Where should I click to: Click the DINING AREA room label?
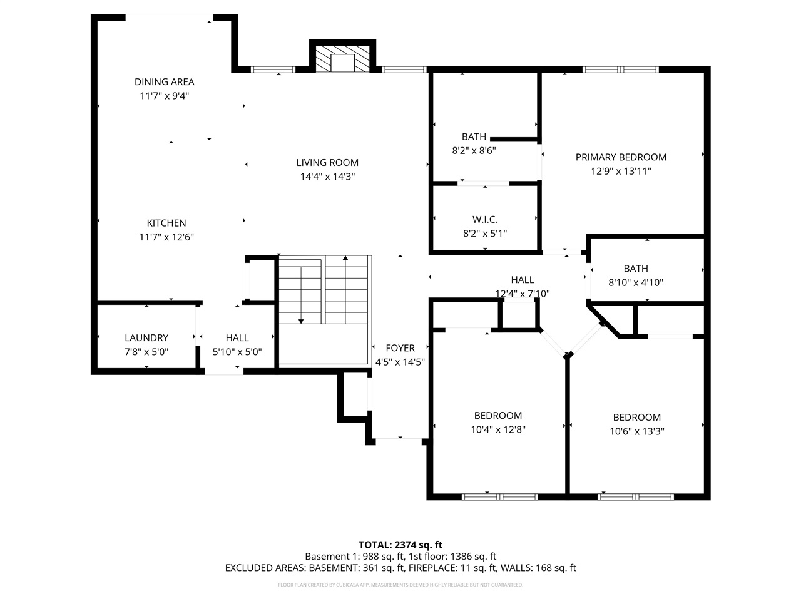click(164, 81)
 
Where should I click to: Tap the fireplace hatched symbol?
click(342, 61)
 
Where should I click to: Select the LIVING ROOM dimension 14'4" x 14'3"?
click(327, 177)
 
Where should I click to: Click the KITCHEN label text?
click(166, 223)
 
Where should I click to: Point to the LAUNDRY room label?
click(146, 337)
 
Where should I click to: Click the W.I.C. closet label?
click(485, 219)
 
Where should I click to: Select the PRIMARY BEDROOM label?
click(621, 157)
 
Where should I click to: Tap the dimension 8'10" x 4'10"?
click(636, 282)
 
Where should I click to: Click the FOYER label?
click(400, 348)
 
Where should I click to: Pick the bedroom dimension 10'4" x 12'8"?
click(497, 429)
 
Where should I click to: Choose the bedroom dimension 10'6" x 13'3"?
click(636, 431)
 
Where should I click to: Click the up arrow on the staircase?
click(345, 259)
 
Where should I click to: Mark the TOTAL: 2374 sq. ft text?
click(400, 545)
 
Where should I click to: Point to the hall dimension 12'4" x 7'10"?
click(523, 293)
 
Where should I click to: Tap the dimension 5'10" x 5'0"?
click(237, 352)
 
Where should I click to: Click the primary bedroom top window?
click(621, 69)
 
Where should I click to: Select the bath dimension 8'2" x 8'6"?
click(474, 150)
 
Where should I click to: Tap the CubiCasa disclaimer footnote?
click(400, 585)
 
